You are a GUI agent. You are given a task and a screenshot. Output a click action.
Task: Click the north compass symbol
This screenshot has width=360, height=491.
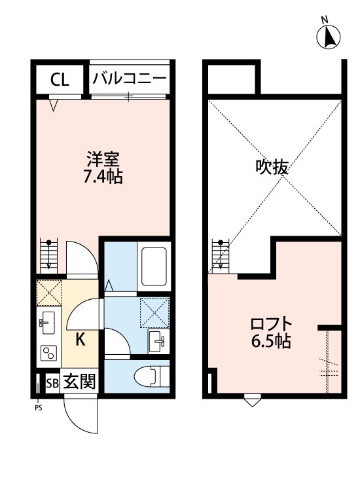(x=329, y=37)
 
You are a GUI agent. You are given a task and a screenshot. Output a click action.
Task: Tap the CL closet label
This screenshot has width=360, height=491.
(x=60, y=80)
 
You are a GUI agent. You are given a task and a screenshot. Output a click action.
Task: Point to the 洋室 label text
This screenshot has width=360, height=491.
(x=103, y=159)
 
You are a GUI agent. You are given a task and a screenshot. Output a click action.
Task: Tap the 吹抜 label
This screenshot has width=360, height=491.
(x=272, y=168)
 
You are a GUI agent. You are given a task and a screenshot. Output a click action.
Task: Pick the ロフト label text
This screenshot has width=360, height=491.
(x=271, y=325)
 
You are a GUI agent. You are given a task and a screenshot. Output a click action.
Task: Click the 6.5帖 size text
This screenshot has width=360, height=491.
(x=271, y=341)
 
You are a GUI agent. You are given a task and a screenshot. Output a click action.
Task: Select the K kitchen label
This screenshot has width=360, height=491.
(x=80, y=339)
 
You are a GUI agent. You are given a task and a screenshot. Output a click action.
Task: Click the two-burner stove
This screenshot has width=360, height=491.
(x=48, y=354)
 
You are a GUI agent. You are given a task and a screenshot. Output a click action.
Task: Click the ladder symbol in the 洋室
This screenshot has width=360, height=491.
(x=49, y=255)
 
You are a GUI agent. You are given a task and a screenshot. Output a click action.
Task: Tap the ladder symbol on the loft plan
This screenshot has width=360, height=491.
(x=221, y=255)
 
